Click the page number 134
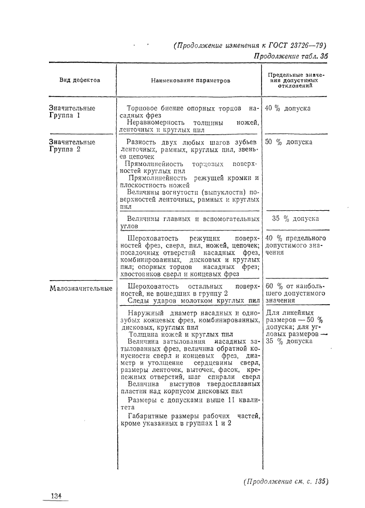56,496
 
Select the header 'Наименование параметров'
190,81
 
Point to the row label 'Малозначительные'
80,289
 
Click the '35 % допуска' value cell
296,218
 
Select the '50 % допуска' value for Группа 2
288,142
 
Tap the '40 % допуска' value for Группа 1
288,108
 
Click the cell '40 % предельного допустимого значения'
295,245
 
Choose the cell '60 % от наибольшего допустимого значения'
295,293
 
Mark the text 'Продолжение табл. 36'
290,58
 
